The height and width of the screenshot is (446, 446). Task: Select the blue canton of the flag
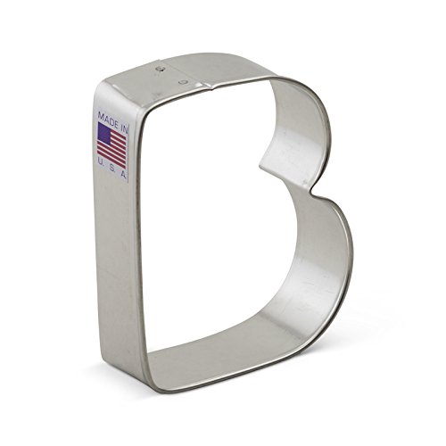[x=104, y=134]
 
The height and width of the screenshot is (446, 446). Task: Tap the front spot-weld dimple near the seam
[x=183, y=81]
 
